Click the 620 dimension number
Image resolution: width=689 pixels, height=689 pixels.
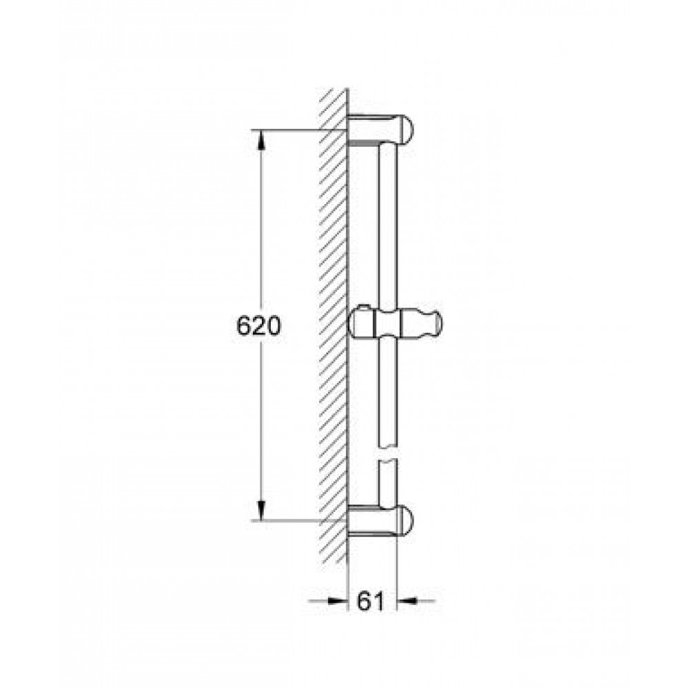click(x=258, y=326)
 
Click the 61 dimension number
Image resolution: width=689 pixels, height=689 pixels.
click(x=371, y=601)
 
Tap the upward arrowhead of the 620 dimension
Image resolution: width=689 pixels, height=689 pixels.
click(x=261, y=140)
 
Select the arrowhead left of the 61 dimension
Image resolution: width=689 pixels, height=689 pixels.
click(x=337, y=600)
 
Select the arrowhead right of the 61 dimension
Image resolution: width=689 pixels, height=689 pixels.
click(x=407, y=600)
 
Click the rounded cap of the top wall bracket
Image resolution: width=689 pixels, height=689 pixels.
click(x=405, y=129)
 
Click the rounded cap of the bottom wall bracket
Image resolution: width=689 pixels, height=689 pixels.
click(x=405, y=521)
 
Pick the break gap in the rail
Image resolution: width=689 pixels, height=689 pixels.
click(x=387, y=454)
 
